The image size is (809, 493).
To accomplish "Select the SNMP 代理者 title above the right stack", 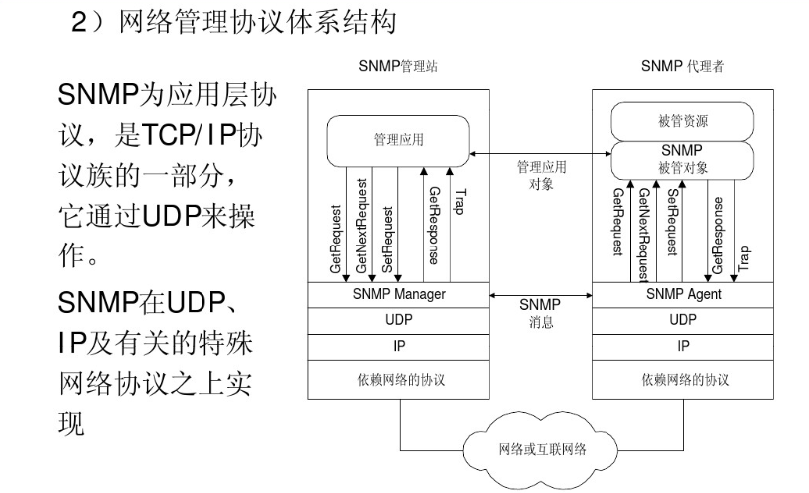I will point(683,67).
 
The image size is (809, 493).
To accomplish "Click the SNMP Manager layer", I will point(400,295).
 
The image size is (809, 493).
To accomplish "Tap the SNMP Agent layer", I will point(683,295).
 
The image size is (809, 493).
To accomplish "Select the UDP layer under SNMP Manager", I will point(400,321).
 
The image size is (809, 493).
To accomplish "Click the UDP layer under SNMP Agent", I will point(683,321).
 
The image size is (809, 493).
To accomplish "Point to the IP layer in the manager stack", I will point(400,346).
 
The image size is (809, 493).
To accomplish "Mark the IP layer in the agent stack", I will point(683,346).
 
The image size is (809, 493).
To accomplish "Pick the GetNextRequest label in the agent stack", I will point(644,234).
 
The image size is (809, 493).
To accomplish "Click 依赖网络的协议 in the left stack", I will point(400,380).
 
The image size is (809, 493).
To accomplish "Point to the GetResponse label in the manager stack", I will point(433,224).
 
